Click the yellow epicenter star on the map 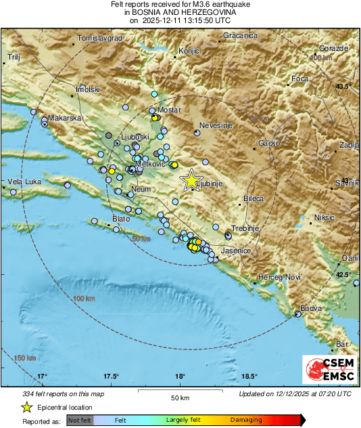(192, 180)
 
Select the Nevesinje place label (215, 125)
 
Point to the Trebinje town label (245, 229)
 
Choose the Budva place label (311, 308)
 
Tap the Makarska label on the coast (65, 118)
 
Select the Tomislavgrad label (100, 39)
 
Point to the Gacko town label (269, 144)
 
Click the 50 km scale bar (180, 391)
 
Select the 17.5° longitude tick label (112, 377)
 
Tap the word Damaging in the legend (246, 420)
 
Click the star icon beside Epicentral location (26, 407)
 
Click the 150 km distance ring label (24, 358)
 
